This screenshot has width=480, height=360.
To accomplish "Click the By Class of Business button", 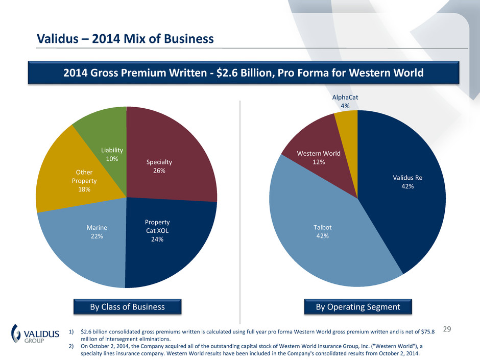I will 127,307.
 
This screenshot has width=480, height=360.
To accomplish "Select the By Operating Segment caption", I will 357,307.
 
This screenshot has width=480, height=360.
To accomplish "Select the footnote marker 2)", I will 70,346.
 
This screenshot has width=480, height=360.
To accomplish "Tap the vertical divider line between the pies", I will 241,204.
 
